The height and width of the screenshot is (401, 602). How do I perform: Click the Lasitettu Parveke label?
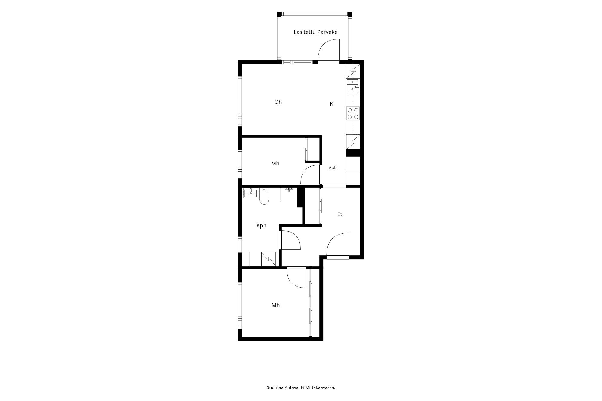pos(315,32)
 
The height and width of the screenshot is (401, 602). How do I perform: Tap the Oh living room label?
pos(278,102)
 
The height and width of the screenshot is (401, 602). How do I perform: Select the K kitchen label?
pos(331,104)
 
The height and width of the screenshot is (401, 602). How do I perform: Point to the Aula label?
pos(333,168)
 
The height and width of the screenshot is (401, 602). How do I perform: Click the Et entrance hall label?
pos(340,214)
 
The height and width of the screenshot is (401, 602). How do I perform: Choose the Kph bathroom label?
pos(261,225)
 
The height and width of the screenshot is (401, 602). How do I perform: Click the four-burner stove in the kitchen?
pos(353,113)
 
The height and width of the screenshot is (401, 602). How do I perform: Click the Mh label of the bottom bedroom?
pos(275,305)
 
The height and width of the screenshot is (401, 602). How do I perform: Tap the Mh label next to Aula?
pos(275,164)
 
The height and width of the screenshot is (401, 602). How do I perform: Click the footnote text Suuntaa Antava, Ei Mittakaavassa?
pos(301,387)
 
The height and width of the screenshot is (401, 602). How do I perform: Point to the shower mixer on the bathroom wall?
pos(289,190)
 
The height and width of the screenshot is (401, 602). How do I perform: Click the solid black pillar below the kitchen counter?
pos(353,153)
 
